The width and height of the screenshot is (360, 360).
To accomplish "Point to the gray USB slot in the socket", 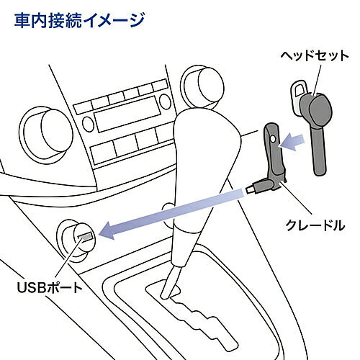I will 85,237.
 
